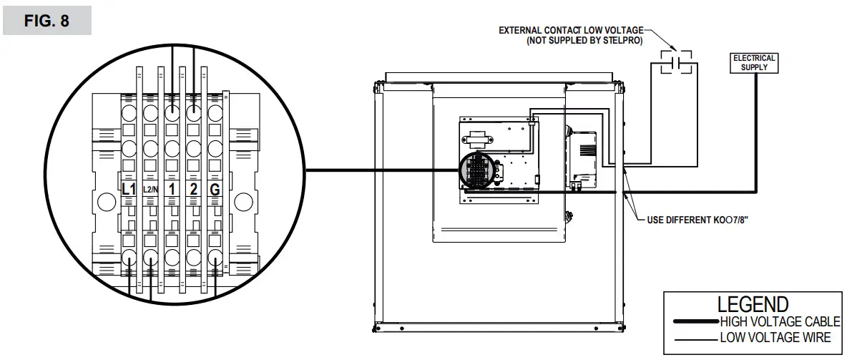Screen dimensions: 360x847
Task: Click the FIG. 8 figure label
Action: click(x=46, y=21)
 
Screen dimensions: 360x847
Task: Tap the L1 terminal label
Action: click(x=129, y=190)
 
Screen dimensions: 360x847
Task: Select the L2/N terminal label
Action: click(x=150, y=190)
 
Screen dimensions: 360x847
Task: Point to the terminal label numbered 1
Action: click(x=172, y=190)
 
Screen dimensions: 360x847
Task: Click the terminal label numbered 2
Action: click(x=193, y=190)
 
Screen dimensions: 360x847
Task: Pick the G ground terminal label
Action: click(x=214, y=190)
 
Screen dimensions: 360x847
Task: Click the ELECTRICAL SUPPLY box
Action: click(x=754, y=62)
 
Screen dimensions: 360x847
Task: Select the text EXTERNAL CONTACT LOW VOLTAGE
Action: click(x=571, y=31)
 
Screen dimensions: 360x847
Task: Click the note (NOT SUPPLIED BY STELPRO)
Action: click(x=584, y=42)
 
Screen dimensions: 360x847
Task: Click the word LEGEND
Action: click(x=753, y=304)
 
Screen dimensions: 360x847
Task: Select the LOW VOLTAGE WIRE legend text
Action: click(x=775, y=337)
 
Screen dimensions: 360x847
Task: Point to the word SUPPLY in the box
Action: click(x=755, y=67)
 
